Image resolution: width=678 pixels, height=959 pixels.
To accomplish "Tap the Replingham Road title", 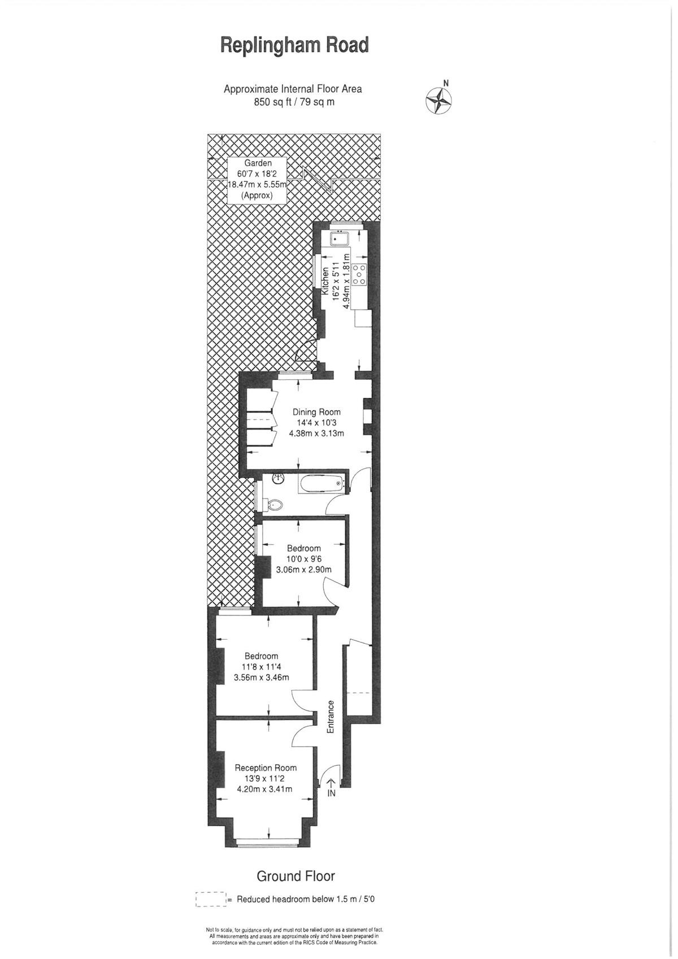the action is (294, 45).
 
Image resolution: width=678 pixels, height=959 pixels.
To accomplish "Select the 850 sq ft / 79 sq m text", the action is (294, 102).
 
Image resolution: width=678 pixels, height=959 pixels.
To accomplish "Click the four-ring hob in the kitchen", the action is (359, 275).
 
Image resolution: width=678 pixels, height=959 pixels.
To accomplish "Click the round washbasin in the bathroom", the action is (278, 478).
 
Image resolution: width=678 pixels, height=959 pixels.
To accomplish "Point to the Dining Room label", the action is (317, 413).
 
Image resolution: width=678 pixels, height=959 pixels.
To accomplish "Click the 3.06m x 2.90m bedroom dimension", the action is (304, 570).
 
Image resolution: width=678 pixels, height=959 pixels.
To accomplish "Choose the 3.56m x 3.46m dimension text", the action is (262, 678).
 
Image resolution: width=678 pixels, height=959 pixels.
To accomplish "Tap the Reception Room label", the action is (266, 767).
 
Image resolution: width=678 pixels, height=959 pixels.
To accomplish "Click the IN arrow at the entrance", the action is (331, 784).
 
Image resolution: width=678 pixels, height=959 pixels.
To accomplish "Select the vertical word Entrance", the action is (330, 717).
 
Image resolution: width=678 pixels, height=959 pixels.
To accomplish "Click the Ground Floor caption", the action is (295, 865).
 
